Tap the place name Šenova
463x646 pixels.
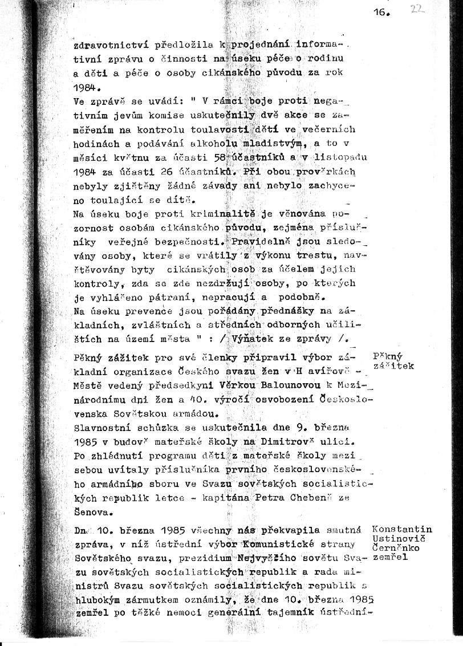click(x=94, y=511)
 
